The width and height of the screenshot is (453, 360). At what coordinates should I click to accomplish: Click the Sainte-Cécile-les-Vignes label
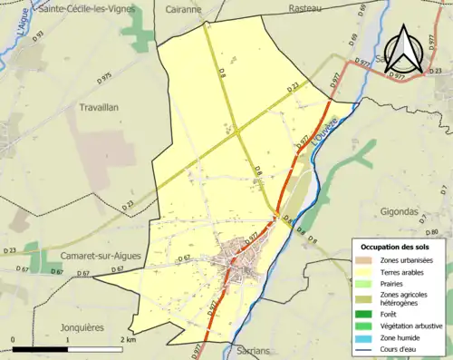pos(87,8)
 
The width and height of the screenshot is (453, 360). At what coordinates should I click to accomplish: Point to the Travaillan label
pos(110,106)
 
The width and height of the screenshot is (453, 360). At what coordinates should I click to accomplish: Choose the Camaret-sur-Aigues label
pos(101,256)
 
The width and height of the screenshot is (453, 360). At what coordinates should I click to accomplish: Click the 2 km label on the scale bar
pos(128,340)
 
